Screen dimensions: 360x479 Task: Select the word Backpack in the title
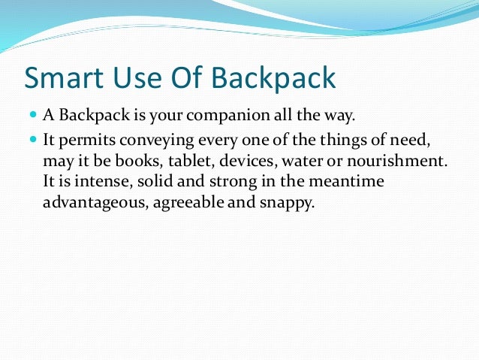(270, 78)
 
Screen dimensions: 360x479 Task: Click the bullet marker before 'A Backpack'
(34, 115)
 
